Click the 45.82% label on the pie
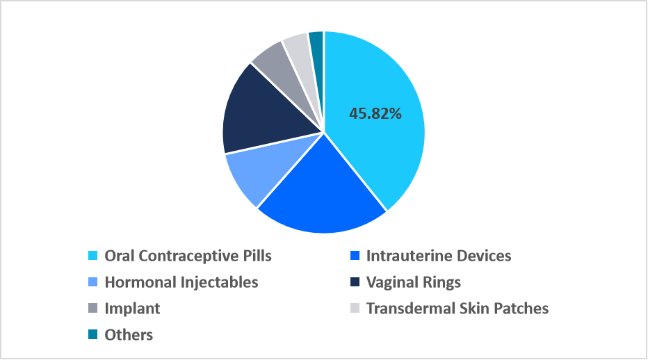[x=375, y=113]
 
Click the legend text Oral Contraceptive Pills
[x=188, y=256]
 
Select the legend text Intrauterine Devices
[x=439, y=256]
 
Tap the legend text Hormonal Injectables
[x=181, y=282]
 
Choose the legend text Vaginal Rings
[x=414, y=282]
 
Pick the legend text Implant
[x=132, y=309]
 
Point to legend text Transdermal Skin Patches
[x=457, y=309]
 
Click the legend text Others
[x=129, y=335]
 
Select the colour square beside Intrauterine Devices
[x=355, y=256]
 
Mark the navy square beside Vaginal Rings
[x=355, y=283]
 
